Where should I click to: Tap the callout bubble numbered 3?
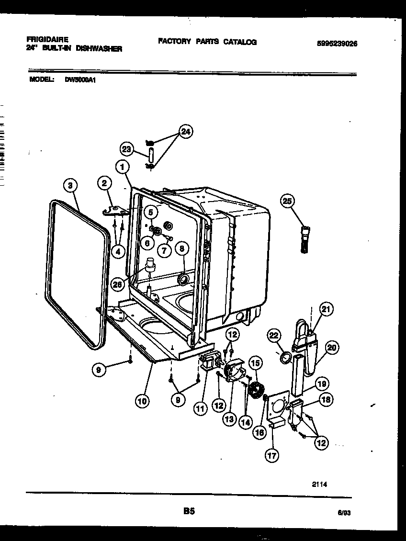[x=70, y=185]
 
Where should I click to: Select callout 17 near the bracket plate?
[x=271, y=455]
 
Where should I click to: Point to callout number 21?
[x=326, y=310]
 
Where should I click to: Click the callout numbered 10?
[x=142, y=400]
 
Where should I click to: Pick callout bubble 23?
[x=127, y=149]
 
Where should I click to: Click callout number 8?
[x=181, y=248]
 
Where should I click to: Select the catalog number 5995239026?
[x=337, y=43]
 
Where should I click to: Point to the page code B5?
[x=189, y=511]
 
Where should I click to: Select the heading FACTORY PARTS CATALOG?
[x=207, y=42]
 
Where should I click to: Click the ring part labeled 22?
[x=286, y=357]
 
